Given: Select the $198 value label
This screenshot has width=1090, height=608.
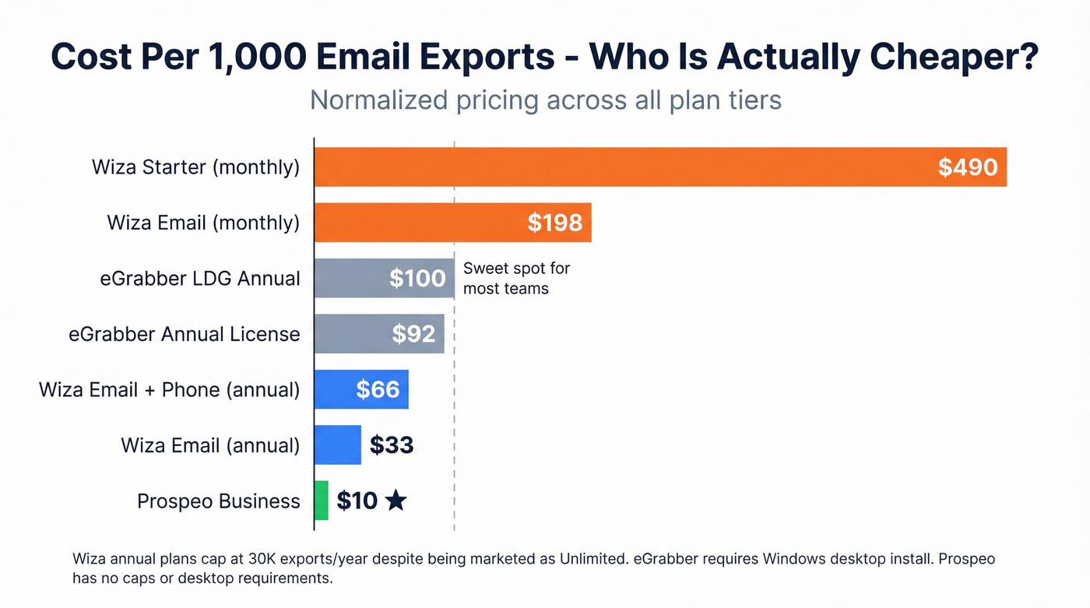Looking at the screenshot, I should [554, 223].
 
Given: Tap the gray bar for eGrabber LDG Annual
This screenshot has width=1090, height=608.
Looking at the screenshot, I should [350, 279].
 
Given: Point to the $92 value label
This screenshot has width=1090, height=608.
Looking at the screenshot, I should [413, 334].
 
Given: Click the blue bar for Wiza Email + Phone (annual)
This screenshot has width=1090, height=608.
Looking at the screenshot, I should [335, 390].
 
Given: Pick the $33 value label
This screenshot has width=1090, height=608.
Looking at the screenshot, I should [391, 445].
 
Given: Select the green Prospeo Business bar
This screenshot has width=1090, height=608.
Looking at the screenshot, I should [321, 501].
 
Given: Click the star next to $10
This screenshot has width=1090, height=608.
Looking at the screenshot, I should [396, 501].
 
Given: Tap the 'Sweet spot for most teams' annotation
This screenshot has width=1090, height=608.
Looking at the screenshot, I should [516, 279].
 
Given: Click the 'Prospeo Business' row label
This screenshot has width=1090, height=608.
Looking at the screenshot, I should [218, 501].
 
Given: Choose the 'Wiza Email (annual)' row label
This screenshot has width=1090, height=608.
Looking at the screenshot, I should [210, 445].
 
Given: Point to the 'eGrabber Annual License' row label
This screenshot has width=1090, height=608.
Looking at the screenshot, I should [184, 334].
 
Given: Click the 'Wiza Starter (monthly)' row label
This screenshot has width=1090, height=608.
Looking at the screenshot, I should [195, 167].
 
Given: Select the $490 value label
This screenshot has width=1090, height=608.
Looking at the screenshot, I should [967, 167].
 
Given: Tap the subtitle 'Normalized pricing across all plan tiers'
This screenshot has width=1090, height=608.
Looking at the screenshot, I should [545, 100].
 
